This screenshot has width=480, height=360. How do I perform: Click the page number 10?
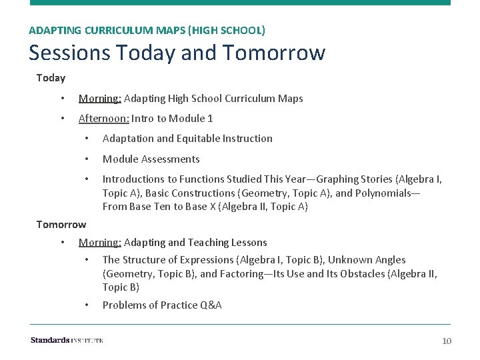tap(447, 341)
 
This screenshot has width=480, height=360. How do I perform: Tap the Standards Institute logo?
tap(67, 341)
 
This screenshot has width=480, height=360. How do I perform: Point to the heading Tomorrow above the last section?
tap(61, 224)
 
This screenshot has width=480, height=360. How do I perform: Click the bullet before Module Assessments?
tap(87, 159)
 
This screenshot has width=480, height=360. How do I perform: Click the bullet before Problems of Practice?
tap(87, 305)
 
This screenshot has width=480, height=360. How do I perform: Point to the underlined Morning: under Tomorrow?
tap(99, 243)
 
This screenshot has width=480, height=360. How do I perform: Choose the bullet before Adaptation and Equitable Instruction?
tap(87, 139)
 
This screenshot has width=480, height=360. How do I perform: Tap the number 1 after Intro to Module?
tap(210, 119)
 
